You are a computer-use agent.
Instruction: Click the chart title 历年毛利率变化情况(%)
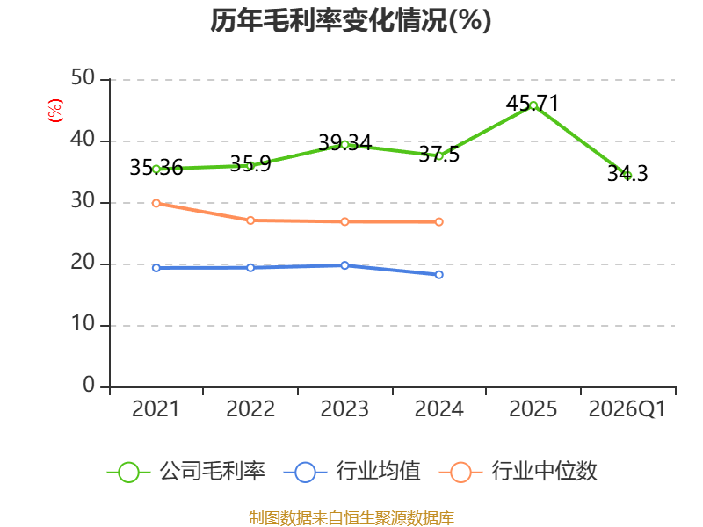351,20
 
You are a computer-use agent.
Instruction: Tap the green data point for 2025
533,105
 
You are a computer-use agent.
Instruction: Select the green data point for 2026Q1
627,176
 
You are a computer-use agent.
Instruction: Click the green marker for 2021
156,169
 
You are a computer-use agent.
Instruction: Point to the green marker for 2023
344,144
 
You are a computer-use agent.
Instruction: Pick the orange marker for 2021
156,203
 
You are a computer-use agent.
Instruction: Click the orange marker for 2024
438,221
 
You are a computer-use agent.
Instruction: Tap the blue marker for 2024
438,275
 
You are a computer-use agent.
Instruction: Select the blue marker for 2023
344,265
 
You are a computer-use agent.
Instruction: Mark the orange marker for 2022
250,220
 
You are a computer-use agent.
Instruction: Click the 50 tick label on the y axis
83,79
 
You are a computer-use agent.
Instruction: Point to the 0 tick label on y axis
89,386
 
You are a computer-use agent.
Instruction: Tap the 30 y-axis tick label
83,202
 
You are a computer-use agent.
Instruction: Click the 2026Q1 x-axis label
627,409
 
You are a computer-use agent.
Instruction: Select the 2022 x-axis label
250,409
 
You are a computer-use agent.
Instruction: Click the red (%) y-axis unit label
54,112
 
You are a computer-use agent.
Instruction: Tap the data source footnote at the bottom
351,517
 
